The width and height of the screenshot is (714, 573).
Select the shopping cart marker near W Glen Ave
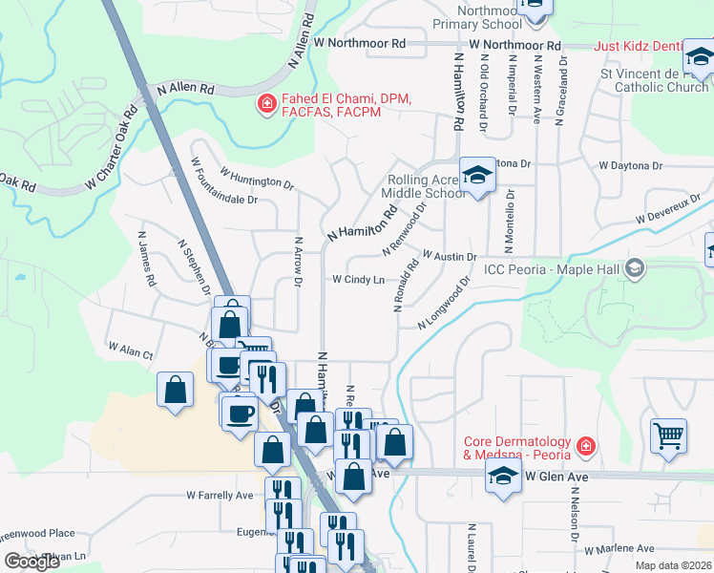pos(668,435)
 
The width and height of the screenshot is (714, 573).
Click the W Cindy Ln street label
pos(358,280)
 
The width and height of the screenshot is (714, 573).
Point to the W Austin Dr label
pos(449,257)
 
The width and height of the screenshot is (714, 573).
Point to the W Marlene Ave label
pos(619,549)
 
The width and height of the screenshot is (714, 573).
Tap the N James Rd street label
pos(146,259)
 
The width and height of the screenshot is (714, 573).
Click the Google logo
pos(32,562)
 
